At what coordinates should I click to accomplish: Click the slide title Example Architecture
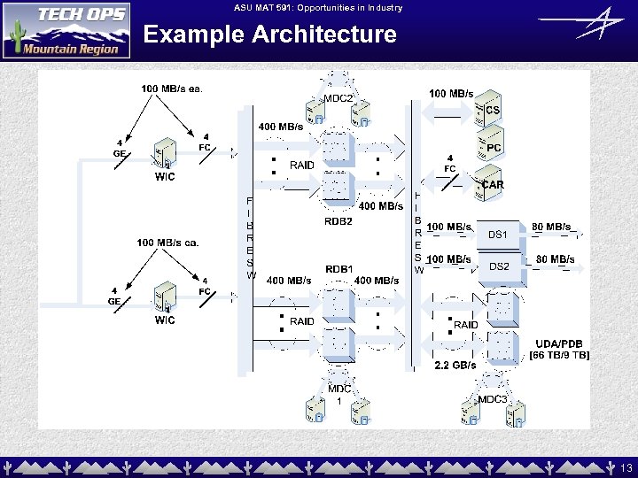click(x=269, y=35)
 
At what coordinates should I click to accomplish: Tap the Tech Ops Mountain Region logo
click(x=66, y=30)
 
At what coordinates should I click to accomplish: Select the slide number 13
click(x=626, y=466)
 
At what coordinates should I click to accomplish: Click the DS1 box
click(x=499, y=235)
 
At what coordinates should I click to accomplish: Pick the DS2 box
click(x=499, y=266)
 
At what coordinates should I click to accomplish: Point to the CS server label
click(x=493, y=110)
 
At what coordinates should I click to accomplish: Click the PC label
click(x=494, y=147)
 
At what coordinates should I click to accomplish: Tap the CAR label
click(x=494, y=185)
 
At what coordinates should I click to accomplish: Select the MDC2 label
click(x=338, y=98)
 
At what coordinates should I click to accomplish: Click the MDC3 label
click(x=493, y=400)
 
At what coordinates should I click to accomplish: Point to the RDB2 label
click(x=338, y=221)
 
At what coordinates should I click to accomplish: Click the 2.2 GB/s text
click(x=455, y=365)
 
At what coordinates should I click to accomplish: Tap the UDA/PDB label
click(x=559, y=343)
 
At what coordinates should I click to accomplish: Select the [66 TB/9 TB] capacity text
click(x=559, y=355)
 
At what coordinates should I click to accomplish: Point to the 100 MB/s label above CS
click(x=451, y=93)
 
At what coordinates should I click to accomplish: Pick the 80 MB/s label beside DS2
click(x=556, y=259)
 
